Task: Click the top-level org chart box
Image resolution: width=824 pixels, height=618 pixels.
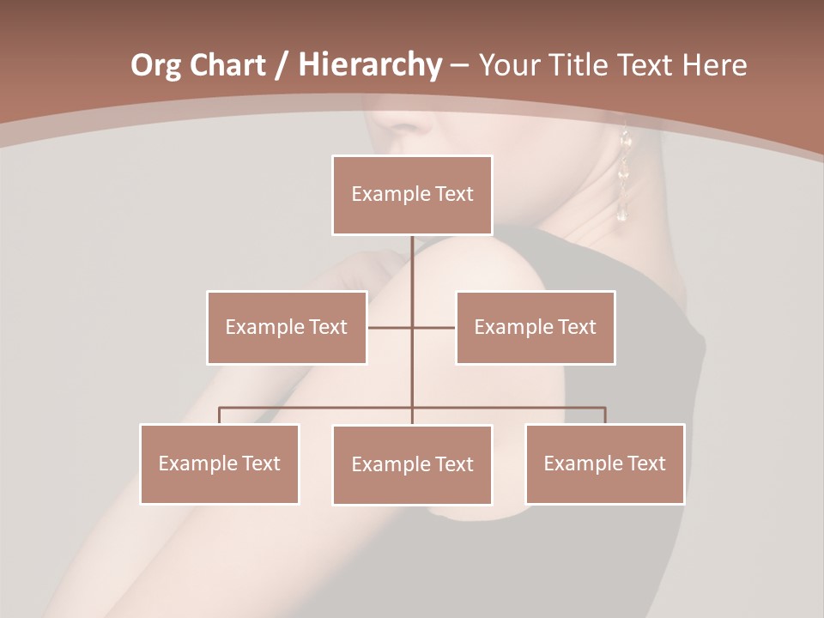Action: [412, 195]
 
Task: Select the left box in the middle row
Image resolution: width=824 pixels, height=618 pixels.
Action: [287, 327]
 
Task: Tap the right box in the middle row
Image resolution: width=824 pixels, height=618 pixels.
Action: [535, 327]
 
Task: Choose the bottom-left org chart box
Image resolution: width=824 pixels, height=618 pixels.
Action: [219, 463]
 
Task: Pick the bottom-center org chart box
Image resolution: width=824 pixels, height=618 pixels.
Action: [412, 464]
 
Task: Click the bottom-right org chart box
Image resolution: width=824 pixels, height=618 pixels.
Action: [604, 463]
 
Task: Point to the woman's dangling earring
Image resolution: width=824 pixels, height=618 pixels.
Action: [624, 176]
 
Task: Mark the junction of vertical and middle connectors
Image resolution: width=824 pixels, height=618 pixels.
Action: [412, 327]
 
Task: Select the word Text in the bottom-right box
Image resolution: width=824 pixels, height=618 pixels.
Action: [646, 463]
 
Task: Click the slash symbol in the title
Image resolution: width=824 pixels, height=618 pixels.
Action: [282, 65]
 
